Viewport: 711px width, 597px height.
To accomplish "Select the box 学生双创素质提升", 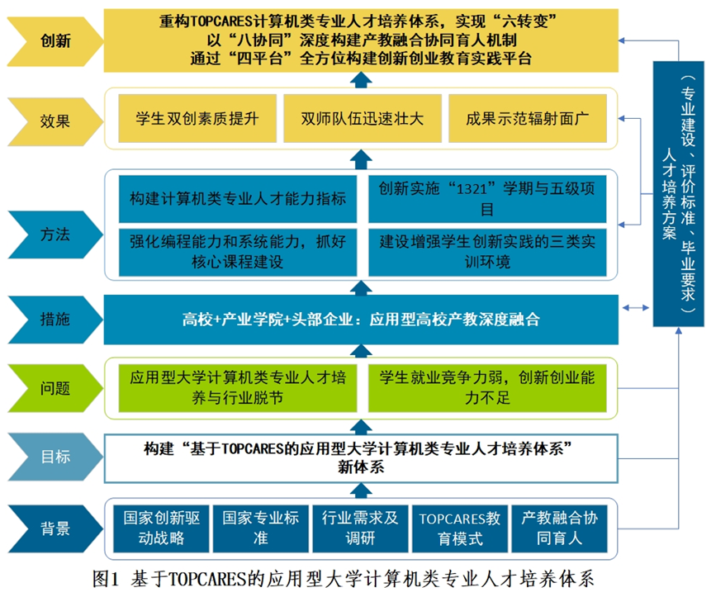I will pyautogui.click(x=195, y=118).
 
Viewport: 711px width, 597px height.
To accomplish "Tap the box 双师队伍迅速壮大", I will pyautogui.click(x=361, y=118).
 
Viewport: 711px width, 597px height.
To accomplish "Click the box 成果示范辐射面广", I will pyautogui.click(x=525, y=118).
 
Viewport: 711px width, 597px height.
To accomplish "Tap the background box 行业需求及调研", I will pyautogui.click(x=360, y=528).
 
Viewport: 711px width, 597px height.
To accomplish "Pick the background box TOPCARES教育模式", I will pyautogui.click(x=459, y=528).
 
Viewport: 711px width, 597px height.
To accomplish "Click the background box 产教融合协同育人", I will pyautogui.click(x=559, y=528).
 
